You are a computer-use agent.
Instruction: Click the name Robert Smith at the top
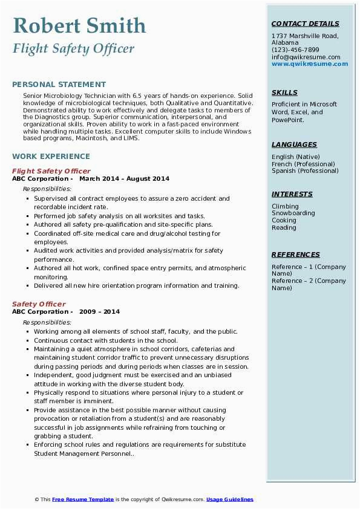79,26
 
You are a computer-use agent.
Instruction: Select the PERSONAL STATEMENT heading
59,85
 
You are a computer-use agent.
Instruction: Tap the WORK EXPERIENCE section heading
51,156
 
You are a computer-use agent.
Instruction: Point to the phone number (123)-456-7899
295,50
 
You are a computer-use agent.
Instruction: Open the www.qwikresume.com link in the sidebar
306,64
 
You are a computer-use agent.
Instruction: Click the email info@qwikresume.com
306,57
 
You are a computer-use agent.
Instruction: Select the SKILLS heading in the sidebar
284,92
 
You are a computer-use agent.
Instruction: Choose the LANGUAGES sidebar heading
294,144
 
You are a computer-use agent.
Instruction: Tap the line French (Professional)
303,164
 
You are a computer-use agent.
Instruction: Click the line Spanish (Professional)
305,171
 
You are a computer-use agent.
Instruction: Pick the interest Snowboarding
293,213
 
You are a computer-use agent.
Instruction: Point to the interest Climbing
285,206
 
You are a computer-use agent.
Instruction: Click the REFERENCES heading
296,254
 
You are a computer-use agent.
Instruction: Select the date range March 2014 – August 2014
124,179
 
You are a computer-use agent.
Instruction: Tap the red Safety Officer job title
39,304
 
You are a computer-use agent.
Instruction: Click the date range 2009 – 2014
99,312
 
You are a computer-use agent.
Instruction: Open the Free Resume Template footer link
83,499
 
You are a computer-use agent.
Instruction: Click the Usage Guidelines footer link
229,499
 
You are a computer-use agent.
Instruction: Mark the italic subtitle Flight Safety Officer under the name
73,48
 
